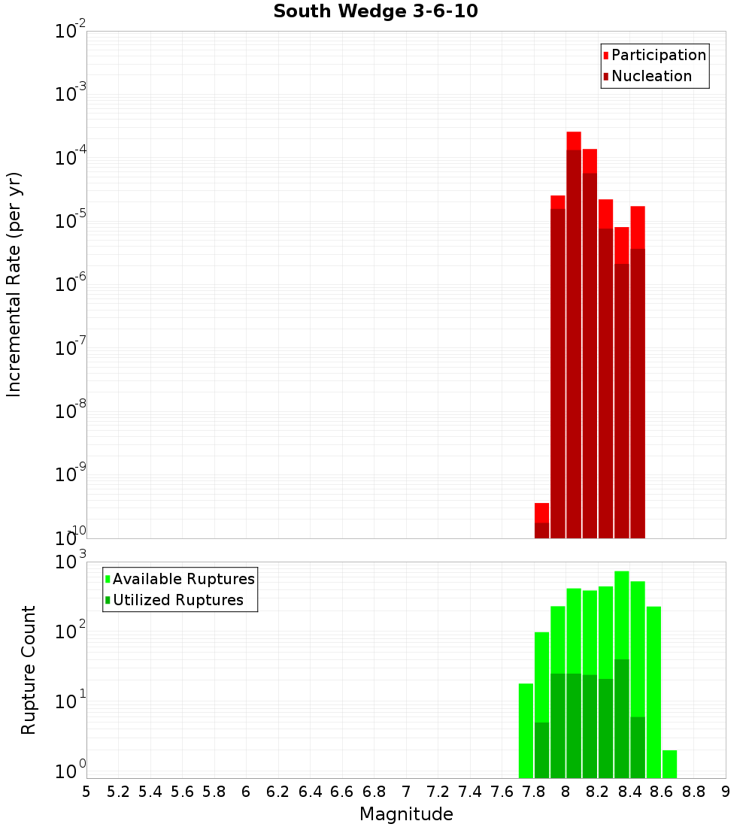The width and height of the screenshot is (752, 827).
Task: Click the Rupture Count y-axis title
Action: coord(29,670)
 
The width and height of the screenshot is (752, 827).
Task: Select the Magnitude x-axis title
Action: coord(406,814)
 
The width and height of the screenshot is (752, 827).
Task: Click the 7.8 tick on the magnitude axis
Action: coord(534,792)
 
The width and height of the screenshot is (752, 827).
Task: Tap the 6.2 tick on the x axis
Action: coord(278,792)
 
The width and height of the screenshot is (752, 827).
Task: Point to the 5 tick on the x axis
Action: coord(86,792)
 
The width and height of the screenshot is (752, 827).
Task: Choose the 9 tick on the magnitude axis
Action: coord(726,792)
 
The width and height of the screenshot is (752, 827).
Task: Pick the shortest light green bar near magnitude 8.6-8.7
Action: coord(669,764)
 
